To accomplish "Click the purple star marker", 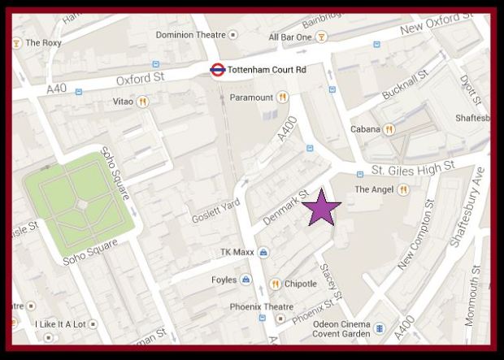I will (x=322, y=207).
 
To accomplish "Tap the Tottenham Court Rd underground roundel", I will (x=217, y=71).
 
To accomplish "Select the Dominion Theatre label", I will (x=185, y=35).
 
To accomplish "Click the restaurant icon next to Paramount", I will (x=283, y=98).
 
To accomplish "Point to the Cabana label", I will (x=365, y=129).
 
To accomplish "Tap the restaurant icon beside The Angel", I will (x=402, y=190).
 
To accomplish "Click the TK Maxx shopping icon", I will (x=264, y=253).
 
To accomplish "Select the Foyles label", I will (x=224, y=280).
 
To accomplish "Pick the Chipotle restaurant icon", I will (x=276, y=284).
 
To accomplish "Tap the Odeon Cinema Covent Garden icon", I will (x=379, y=328).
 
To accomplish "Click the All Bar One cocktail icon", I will (x=322, y=37).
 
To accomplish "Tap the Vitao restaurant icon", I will (x=143, y=102).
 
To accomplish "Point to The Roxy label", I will (x=44, y=43).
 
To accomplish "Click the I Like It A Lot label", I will (x=60, y=324).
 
